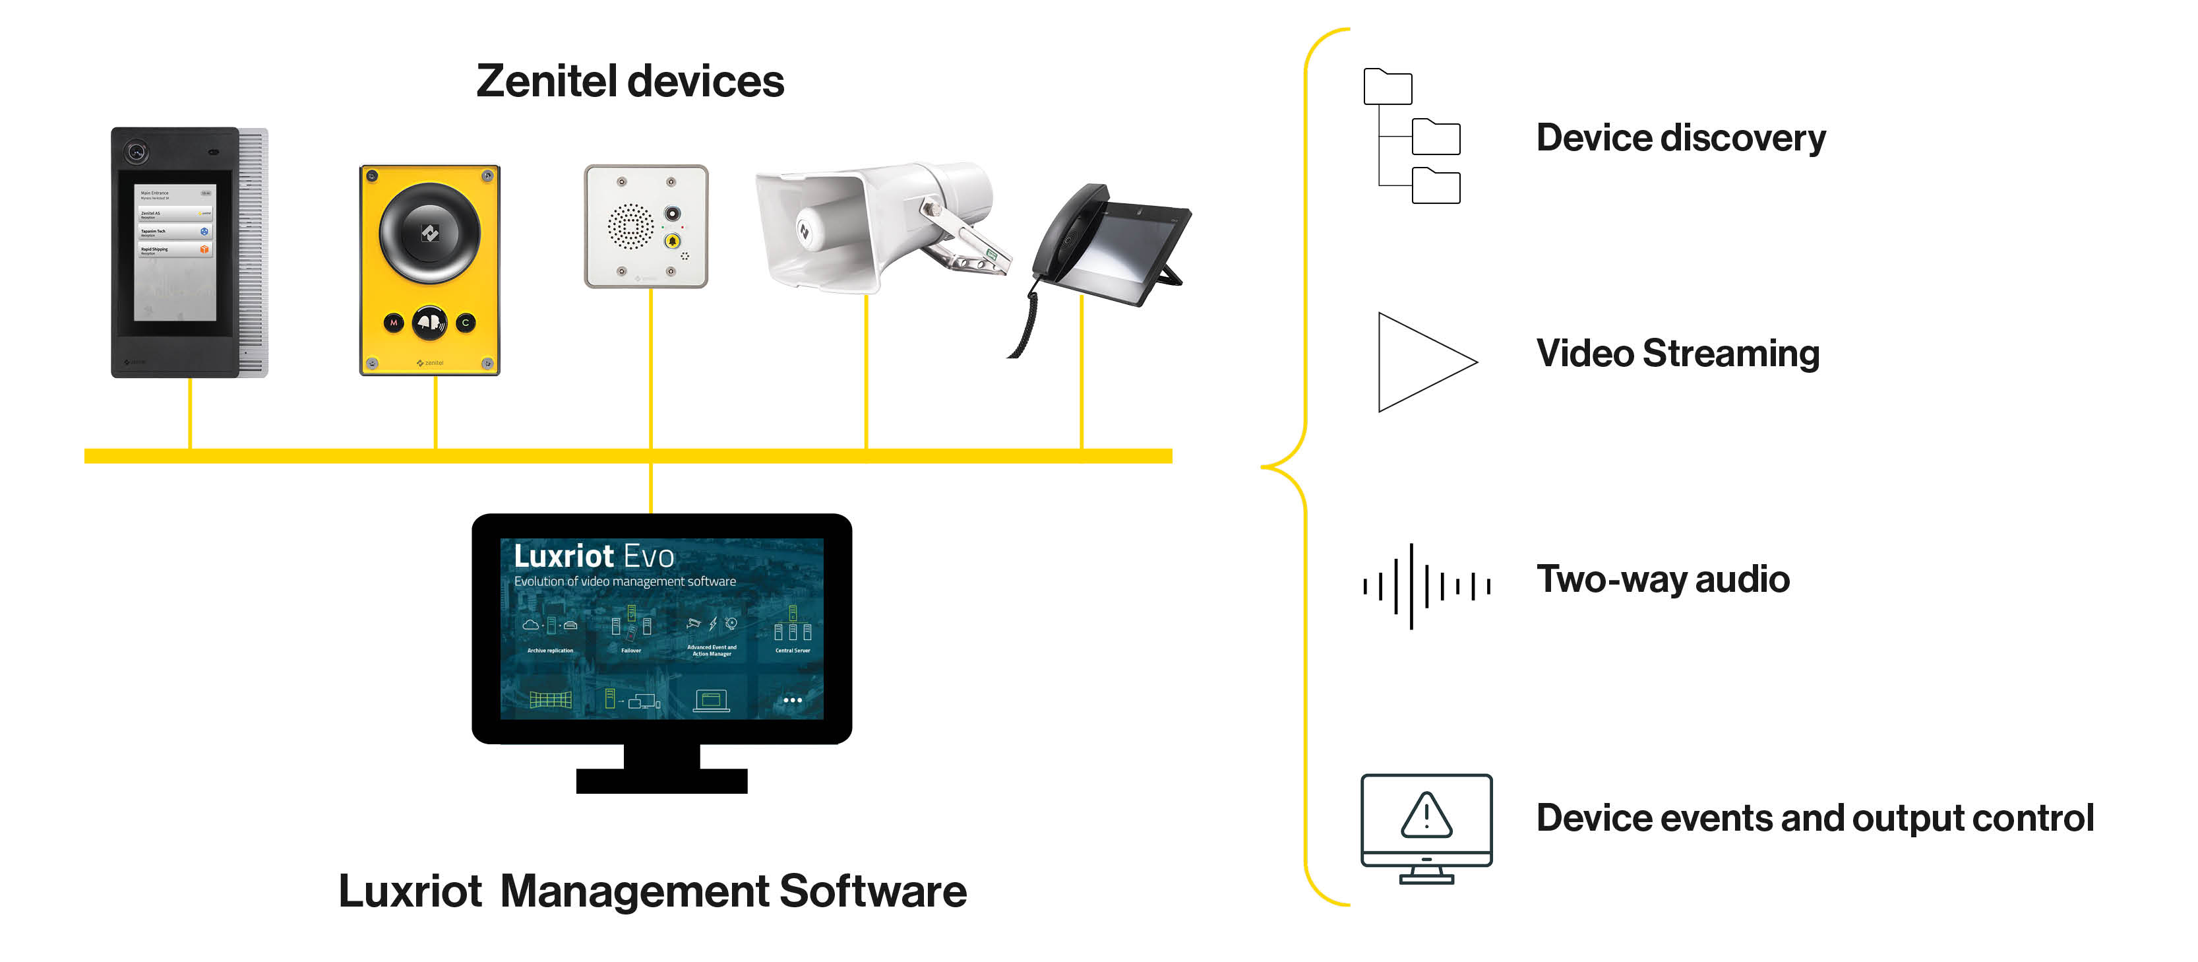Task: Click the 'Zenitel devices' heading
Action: point(630,82)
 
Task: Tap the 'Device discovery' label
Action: point(1680,139)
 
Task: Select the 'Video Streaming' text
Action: point(1678,354)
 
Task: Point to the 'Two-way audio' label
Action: point(1662,579)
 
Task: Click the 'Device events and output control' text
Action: point(1814,818)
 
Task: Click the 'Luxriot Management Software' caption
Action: point(653,891)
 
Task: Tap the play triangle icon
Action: point(1418,362)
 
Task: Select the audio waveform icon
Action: point(1425,585)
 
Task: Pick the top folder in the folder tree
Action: point(1388,87)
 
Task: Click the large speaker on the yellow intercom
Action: point(429,232)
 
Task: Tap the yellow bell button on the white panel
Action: point(673,241)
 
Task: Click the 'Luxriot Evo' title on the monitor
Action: point(594,556)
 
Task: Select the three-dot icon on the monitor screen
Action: point(793,700)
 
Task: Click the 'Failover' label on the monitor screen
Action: point(630,651)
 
